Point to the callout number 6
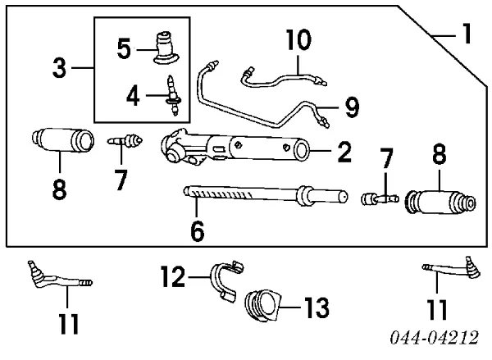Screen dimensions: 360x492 197,231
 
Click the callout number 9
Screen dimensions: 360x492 352,105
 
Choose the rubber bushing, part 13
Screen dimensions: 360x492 262,305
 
